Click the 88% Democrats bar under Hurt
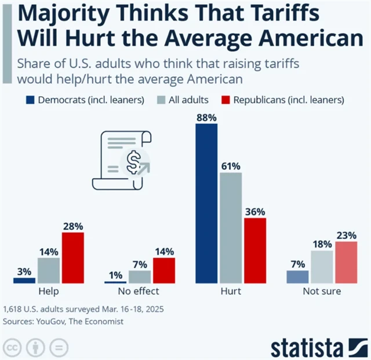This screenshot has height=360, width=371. coord(206,203)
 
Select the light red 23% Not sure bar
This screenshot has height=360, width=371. coord(347,263)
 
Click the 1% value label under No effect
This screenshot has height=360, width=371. coord(115,275)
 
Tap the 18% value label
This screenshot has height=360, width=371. coord(322,244)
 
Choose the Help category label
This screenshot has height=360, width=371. coord(48,291)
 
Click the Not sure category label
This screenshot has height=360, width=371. coord(322,291)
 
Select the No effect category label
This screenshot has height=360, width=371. coord(140,291)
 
